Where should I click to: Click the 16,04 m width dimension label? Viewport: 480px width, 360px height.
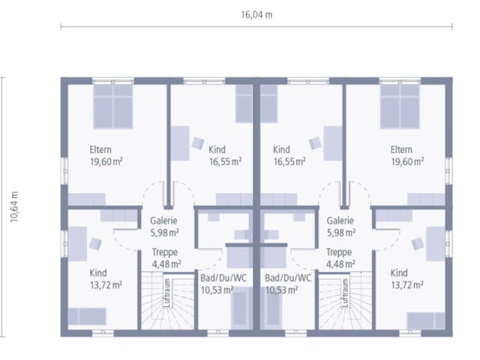[256, 15]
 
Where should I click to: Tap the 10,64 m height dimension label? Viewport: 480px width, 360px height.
[14, 207]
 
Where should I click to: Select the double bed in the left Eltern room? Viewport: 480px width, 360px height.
[113, 106]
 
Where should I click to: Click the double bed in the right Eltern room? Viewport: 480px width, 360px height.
[400, 106]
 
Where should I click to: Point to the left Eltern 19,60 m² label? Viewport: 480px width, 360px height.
[106, 155]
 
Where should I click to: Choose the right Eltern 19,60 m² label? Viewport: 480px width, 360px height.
[407, 155]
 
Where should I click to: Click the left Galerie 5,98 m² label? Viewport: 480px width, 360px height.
[164, 226]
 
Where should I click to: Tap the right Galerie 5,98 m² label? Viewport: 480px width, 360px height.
[340, 226]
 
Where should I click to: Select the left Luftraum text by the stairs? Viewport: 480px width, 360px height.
[167, 292]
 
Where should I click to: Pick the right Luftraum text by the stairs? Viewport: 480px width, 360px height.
[345, 292]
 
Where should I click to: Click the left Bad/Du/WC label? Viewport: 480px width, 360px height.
[223, 278]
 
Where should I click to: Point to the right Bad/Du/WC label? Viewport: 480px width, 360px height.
[288, 278]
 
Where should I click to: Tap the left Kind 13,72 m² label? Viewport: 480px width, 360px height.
[106, 279]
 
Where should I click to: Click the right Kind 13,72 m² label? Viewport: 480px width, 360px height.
[407, 279]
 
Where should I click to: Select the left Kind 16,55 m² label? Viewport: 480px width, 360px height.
[225, 155]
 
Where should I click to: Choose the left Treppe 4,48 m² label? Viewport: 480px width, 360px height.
[166, 258]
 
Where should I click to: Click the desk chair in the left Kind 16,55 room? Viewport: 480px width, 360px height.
[198, 143]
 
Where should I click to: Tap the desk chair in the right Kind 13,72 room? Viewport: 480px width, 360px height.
[418, 244]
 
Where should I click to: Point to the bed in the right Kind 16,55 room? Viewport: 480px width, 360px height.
[268, 103]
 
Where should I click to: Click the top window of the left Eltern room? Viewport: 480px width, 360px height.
[113, 81]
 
